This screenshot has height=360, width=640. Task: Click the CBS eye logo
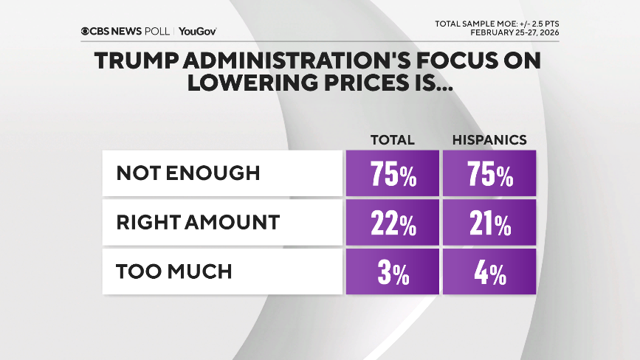86,31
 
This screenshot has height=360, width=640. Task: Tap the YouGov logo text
198,31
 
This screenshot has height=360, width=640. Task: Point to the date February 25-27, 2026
514,32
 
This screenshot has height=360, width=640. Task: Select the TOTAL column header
392,140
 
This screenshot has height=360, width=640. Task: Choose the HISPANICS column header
489,140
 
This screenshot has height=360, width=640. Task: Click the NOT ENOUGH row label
188,173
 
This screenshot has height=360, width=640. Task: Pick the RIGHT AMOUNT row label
198,222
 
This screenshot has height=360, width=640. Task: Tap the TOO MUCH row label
174,271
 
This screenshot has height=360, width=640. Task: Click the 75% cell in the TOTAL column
392,174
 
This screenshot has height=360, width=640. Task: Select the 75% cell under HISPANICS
489,174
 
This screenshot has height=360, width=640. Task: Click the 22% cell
392,223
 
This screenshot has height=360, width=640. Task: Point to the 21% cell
489,223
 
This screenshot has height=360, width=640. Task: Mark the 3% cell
392,271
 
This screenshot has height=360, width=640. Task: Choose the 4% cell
489,271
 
